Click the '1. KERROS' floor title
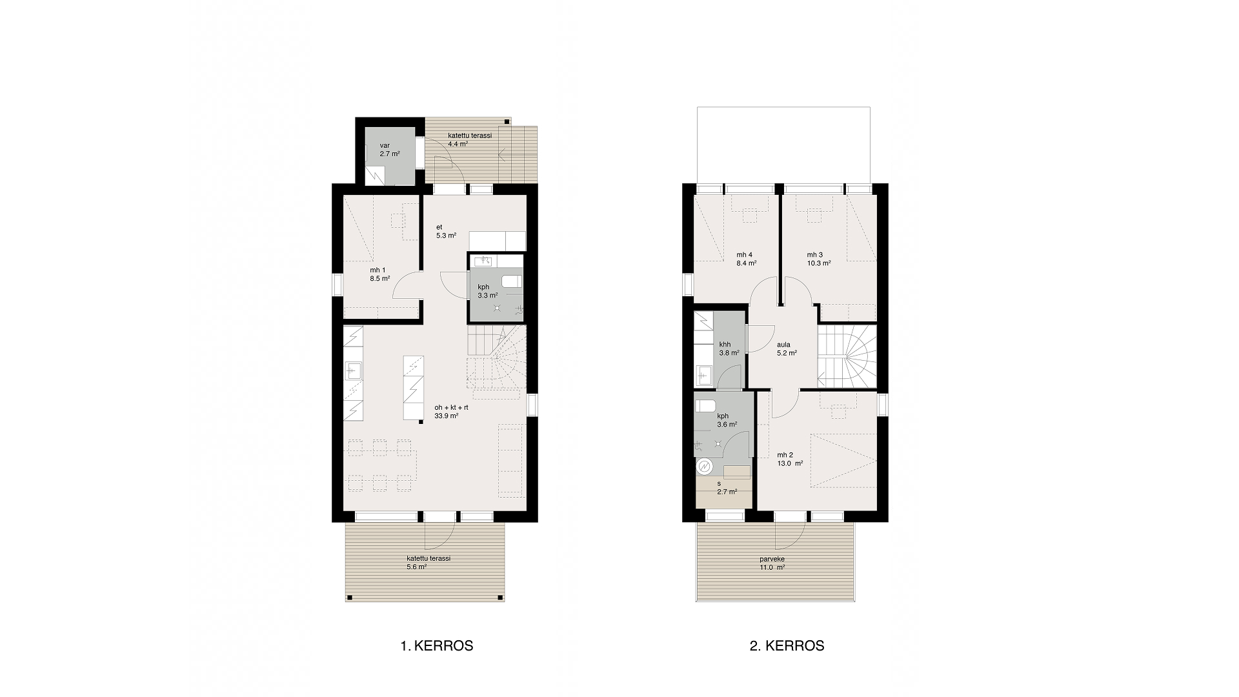point(437,646)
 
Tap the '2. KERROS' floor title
point(787,646)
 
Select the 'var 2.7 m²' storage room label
point(390,150)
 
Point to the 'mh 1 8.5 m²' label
point(380,274)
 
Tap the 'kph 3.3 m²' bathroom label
point(488,291)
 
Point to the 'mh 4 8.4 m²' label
point(747,259)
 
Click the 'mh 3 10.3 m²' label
point(818,259)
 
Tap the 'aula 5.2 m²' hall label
point(787,348)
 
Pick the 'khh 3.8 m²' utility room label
point(730,348)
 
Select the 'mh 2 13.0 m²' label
point(791,459)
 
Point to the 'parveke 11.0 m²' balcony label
point(772,563)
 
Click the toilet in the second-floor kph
point(705,405)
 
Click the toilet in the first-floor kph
point(512,281)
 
